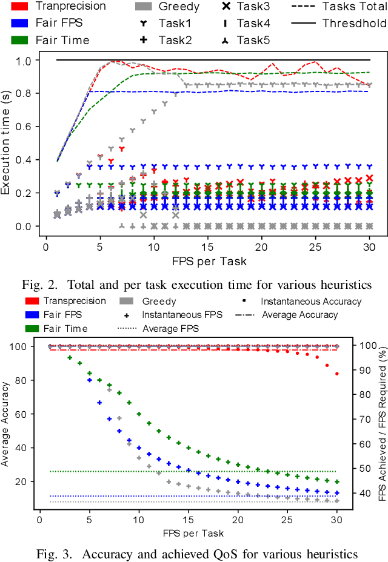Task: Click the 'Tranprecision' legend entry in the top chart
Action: pos(70,7)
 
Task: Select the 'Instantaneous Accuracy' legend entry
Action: pos(310,301)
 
